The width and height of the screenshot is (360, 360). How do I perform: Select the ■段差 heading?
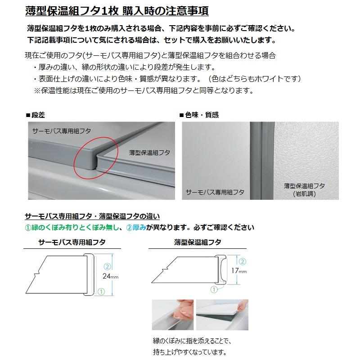pyautogui.click(x=36, y=115)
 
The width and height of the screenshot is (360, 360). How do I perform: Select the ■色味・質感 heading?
pyautogui.click(x=199, y=115)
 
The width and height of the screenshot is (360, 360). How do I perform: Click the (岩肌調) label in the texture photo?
pyautogui.click(x=304, y=193)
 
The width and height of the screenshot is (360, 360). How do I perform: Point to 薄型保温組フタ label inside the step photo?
pyautogui.click(x=149, y=153)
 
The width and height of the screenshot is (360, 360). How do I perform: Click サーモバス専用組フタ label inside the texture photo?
pyautogui.click(x=215, y=192)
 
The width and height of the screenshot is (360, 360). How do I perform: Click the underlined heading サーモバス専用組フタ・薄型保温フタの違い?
pyautogui.click(x=92, y=216)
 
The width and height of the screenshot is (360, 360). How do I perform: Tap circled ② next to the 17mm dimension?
pyautogui.click(x=242, y=261)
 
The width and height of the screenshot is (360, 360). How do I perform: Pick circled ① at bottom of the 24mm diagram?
pyautogui.click(x=101, y=292)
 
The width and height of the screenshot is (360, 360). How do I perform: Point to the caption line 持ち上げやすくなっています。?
pyautogui.click(x=189, y=352)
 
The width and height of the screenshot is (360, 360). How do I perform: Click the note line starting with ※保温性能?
pyautogui.click(x=144, y=90)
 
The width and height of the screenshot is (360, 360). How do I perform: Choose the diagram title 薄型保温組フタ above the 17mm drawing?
pyautogui.click(x=198, y=242)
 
